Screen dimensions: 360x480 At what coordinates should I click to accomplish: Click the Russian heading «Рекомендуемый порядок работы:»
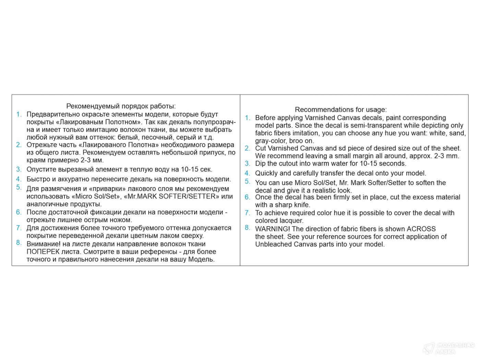point(121,106)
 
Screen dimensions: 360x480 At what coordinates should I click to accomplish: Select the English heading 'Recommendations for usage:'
point(340,110)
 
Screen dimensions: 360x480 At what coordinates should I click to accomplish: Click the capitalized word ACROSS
point(421,229)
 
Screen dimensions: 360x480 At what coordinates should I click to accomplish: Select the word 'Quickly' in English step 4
point(266,173)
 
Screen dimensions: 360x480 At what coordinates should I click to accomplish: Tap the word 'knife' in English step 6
point(302,205)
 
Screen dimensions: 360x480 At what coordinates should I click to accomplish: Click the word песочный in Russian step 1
point(146,137)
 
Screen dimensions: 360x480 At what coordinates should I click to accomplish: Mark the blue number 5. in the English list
point(248,181)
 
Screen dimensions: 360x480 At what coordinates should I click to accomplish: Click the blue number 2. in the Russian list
point(19,145)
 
